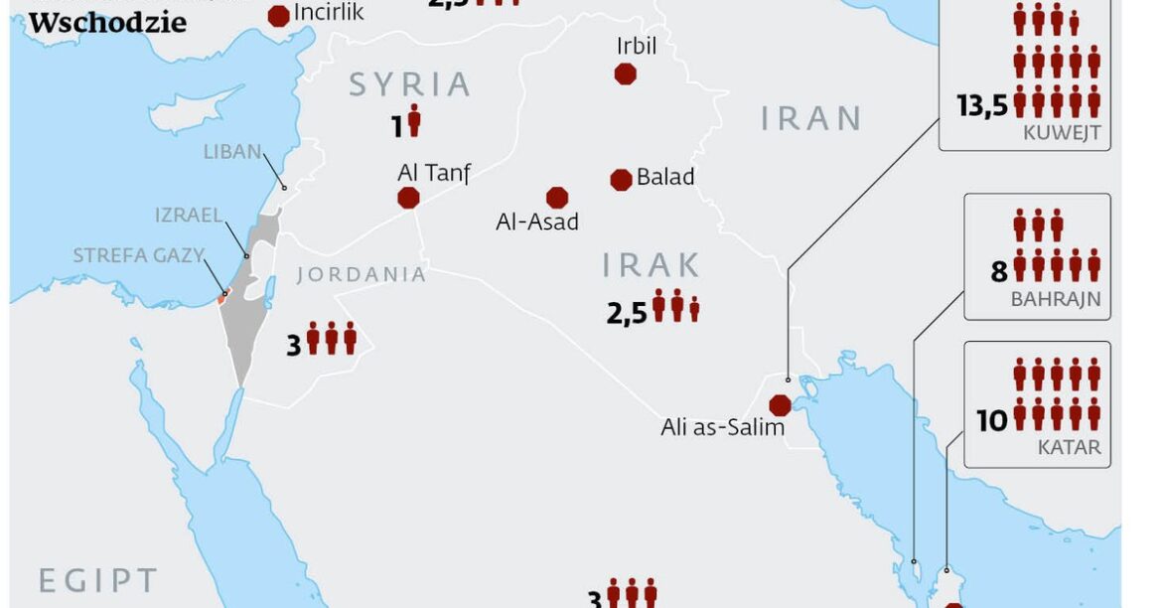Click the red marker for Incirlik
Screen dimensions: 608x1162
pyautogui.click(x=279, y=15)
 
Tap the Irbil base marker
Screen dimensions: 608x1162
pyautogui.click(x=625, y=74)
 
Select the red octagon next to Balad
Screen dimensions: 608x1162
pyautogui.click(x=621, y=179)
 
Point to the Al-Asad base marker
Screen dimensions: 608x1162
pyautogui.click(x=557, y=198)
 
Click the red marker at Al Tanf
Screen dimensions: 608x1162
pyautogui.click(x=408, y=198)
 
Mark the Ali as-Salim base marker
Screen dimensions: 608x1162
pyautogui.click(x=781, y=405)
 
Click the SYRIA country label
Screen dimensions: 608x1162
pyautogui.click(x=409, y=84)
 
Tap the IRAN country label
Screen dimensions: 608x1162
pyautogui.click(x=811, y=118)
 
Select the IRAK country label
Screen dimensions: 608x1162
pyautogui.click(x=652, y=265)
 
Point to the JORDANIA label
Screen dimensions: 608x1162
pyautogui.click(x=362, y=274)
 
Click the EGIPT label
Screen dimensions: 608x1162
pyautogui.click(x=97, y=580)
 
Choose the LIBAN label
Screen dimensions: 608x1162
pyautogui.click(x=231, y=152)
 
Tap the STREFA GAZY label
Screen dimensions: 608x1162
pyautogui.click(x=137, y=255)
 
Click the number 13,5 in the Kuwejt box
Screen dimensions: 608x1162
pyautogui.click(x=982, y=106)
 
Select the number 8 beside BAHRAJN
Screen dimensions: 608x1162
pyautogui.click(x=998, y=270)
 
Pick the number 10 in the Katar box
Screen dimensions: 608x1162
pyautogui.click(x=991, y=421)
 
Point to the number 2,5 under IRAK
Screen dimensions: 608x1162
pyautogui.click(x=627, y=314)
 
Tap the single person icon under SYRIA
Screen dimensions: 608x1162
pyautogui.click(x=414, y=121)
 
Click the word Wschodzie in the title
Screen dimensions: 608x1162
pyautogui.click(x=107, y=23)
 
